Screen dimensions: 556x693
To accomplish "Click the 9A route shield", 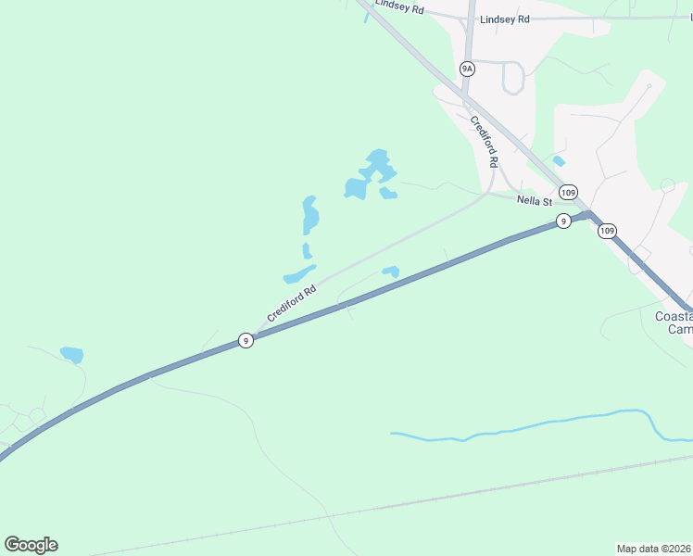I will click(467, 69).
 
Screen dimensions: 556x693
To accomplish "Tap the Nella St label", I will click(535, 201).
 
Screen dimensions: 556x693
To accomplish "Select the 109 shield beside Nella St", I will click(569, 193).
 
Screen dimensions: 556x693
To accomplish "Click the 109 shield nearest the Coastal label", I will click(607, 231).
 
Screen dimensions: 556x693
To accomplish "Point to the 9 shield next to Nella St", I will click(562, 221).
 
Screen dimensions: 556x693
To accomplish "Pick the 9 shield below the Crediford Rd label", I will click(245, 340).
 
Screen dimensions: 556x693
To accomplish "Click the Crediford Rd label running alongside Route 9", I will click(292, 303).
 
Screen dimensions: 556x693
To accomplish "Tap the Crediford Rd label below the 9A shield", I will click(484, 141).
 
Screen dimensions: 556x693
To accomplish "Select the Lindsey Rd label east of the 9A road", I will click(505, 19).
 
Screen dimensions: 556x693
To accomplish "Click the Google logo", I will click(31, 545).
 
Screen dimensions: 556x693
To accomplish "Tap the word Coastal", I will click(674, 316).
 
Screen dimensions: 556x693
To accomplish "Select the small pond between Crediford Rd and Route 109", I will click(559, 161).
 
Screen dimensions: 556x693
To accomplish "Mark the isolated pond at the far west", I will click(71, 354).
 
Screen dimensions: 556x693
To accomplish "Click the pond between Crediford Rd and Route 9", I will click(391, 272).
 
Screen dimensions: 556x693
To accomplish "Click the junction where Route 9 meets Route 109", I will click(587, 214).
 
